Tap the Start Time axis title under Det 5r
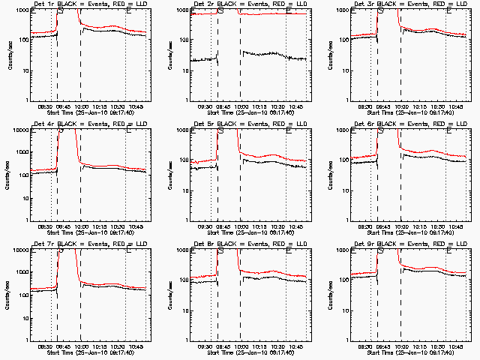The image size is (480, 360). [251, 233]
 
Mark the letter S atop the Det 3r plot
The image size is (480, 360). [381, 10]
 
